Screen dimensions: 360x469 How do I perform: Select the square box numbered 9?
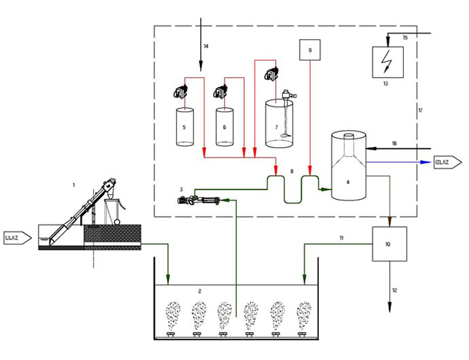[x=310, y=50]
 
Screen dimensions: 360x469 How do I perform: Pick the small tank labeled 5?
[x=185, y=127]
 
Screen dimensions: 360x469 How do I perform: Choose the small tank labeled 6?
[x=224, y=127]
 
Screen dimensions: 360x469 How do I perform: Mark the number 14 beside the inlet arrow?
[x=206, y=46]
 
